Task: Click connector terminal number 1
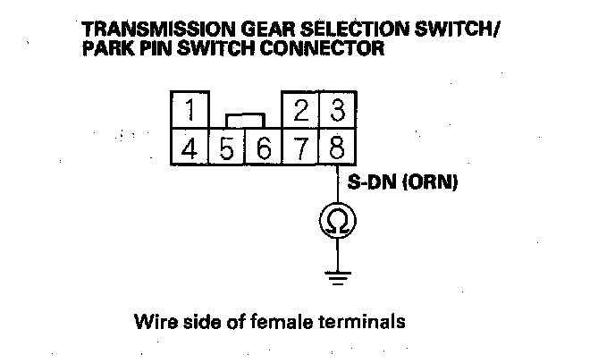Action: pos(190,112)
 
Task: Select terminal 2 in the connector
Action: pos(301,112)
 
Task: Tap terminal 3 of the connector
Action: pos(337,112)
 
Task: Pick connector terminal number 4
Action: pos(190,148)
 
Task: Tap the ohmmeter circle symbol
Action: pos(337,220)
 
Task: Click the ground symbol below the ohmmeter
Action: pos(337,277)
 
